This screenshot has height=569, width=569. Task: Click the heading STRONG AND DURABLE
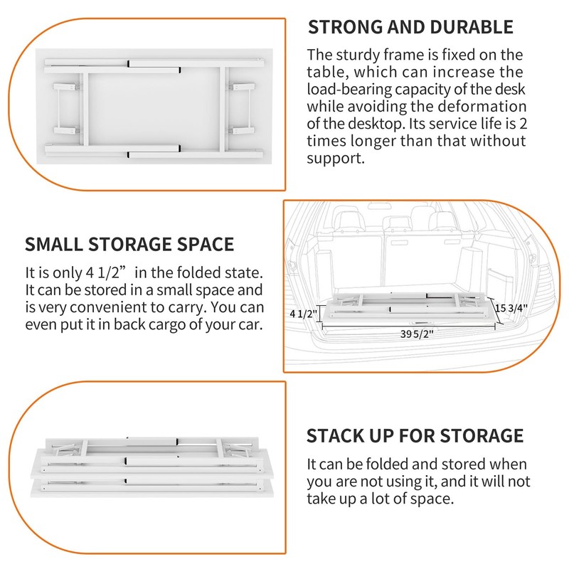click(x=410, y=28)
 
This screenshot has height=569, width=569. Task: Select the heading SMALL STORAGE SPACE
click(x=129, y=245)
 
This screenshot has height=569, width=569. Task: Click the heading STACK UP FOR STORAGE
click(x=415, y=435)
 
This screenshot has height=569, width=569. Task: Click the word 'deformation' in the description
click(x=483, y=107)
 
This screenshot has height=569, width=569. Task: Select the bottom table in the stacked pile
click(x=153, y=491)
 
